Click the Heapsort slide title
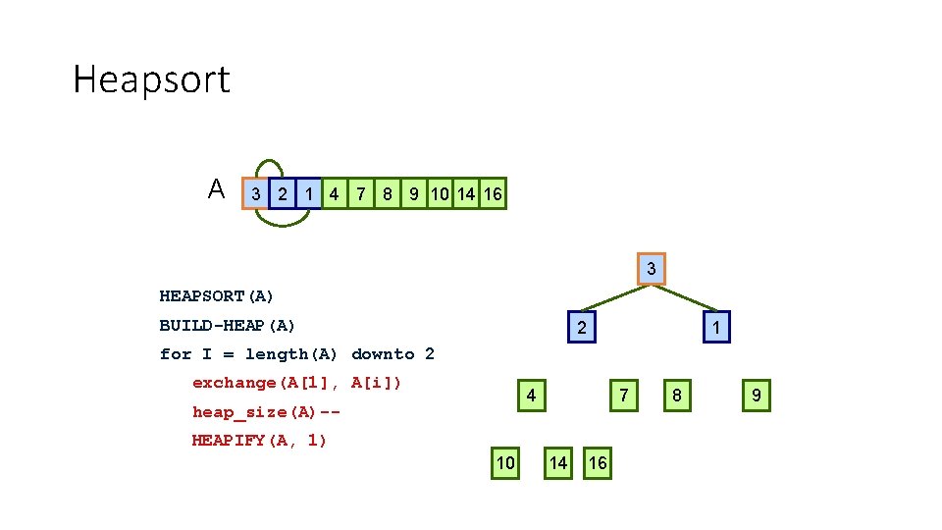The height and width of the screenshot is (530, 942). pos(151,79)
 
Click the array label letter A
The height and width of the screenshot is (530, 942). pos(216,188)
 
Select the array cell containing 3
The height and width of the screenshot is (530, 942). pos(255,194)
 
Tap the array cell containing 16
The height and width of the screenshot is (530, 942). pos(493,194)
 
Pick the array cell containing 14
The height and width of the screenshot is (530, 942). pos(466,194)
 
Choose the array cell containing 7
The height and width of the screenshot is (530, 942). pos(361,194)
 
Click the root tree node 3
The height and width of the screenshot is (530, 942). pos(651,269)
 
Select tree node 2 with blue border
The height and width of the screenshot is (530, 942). pos(582,327)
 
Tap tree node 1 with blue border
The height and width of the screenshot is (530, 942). pos(716,327)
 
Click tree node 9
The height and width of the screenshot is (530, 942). pos(756,397)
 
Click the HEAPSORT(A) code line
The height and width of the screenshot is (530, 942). pos(217,295)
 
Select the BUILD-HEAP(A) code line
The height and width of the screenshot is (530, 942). pos(228,325)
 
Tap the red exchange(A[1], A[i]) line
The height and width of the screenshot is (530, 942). pos(297,383)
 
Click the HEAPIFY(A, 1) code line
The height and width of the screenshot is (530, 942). pos(260,441)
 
